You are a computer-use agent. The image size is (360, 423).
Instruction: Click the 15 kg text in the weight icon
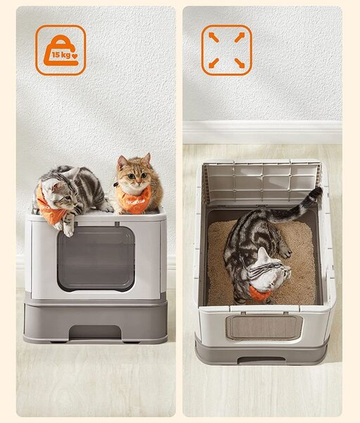pyautogui.click(x=61, y=55)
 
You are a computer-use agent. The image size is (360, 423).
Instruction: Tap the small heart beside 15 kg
pyautogui.click(x=75, y=56)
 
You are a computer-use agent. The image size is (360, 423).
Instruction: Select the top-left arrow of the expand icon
pyautogui.click(x=213, y=37)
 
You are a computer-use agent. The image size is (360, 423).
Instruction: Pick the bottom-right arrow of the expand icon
pyautogui.click(x=240, y=63)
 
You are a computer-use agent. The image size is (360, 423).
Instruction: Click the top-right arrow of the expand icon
pyautogui.click(x=240, y=37)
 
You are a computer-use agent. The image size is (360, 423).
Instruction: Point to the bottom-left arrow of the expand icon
pyautogui.click(x=213, y=63)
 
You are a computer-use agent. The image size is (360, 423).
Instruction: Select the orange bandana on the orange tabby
pyautogui.click(x=133, y=199)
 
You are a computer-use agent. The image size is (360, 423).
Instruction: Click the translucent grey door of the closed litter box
pyautogui.click(x=96, y=259)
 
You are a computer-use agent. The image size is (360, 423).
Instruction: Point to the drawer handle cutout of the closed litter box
pyautogui.click(x=94, y=331)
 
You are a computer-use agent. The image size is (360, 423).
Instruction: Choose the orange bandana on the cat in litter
pyautogui.click(x=259, y=293)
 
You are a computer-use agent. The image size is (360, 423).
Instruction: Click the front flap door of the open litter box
pyautogui.click(x=264, y=327)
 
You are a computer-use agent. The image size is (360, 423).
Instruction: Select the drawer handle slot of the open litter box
pyautogui.click(x=261, y=360)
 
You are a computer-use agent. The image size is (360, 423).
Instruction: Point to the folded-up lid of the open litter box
pyautogui.click(x=262, y=180)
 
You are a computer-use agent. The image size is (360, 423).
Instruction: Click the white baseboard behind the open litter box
pyautogui.click(x=262, y=133)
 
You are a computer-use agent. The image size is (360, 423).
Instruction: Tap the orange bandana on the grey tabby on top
pyautogui.click(x=50, y=207)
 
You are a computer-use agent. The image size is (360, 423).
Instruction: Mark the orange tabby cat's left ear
pyautogui.click(x=122, y=162)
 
